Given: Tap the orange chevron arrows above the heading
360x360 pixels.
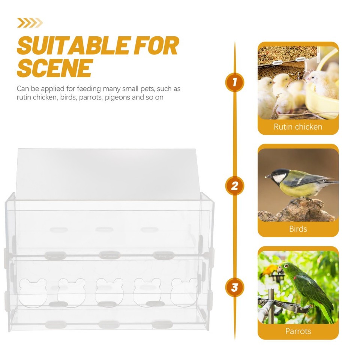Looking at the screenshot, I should pyautogui.click(x=30, y=23).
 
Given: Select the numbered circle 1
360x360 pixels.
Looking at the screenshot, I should pyautogui.click(x=235, y=82).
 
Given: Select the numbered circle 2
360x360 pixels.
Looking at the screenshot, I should pyautogui.click(x=235, y=186).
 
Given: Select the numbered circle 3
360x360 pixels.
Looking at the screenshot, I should pyautogui.click(x=235, y=288).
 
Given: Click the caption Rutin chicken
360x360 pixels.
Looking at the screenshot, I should pyautogui.click(x=298, y=127).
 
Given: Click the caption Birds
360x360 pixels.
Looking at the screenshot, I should pyautogui.click(x=298, y=229).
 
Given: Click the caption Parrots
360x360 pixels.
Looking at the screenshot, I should pyautogui.click(x=298, y=331).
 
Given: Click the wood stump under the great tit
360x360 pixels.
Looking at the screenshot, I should pyautogui.click(x=296, y=212).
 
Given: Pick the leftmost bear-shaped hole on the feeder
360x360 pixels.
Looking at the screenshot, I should pyautogui.click(x=33, y=291).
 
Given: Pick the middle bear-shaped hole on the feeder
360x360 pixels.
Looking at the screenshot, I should pyautogui.click(x=109, y=291).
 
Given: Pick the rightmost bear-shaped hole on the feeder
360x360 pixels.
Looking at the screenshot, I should pyautogui.click(x=184, y=291).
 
